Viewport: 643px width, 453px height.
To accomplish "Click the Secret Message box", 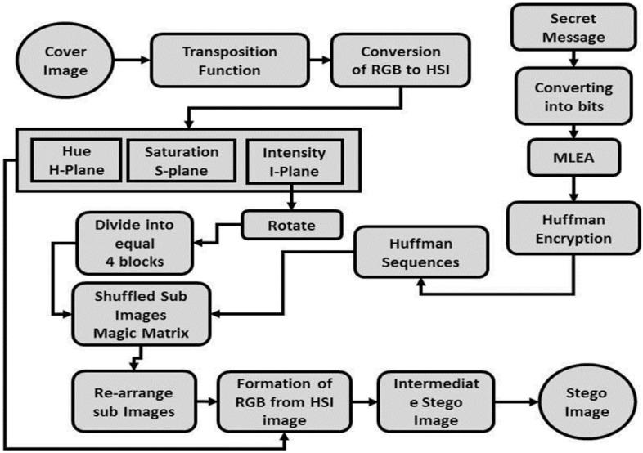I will (564, 29).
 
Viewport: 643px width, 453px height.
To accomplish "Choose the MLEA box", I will (564, 155).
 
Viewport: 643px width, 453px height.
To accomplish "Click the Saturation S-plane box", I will (181, 160).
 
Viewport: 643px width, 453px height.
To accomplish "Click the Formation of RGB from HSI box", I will (283, 398).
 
